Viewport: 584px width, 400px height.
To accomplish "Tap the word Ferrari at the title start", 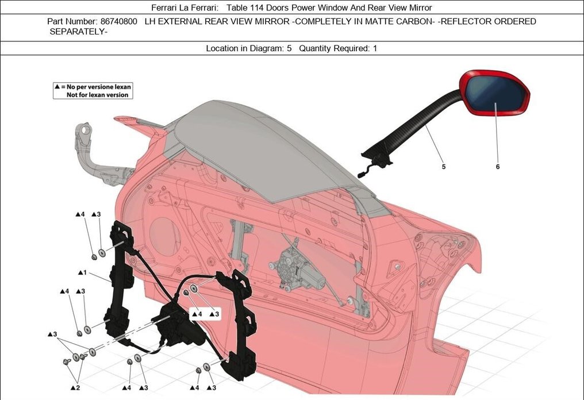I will [x=167, y=7].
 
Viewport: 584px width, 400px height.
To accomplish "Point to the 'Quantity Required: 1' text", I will [x=338, y=48].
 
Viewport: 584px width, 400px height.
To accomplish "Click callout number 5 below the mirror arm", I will [x=443, y=167].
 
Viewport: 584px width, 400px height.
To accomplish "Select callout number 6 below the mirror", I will [x=497, y=167].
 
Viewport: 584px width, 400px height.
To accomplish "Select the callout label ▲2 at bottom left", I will [x=75, y=388].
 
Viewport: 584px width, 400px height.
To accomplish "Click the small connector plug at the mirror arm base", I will [x=362, y=172].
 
